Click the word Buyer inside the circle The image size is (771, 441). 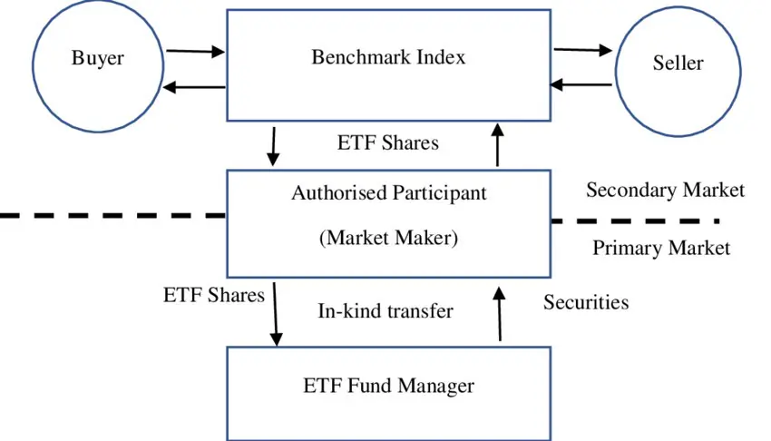click(x=97, y=60)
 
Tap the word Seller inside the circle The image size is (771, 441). click(x=678, y=64)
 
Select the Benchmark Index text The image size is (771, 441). click(x=388, y=57)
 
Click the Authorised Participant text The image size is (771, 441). click(x=388, y=192)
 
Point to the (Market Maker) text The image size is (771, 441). click(x=388, y=238)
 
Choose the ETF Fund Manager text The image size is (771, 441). click(x=388, y=386)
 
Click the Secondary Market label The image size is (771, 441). click(x=664, y=190)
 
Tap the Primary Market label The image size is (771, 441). click(x=660, y=248)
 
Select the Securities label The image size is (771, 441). click(x=586, y=302)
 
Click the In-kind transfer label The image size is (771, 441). click(x=385, y=311)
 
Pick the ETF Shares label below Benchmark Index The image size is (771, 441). click(x=387, y=142)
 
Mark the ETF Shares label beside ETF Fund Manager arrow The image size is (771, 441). click(x=214, y=295)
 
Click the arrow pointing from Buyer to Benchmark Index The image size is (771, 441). click(x=195, y=52)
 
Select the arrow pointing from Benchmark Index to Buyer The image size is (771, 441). click(x=195, y=87)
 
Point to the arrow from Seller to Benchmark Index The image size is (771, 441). click(x=582, y=85)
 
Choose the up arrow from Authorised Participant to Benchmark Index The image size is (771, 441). click(x=497, y=145)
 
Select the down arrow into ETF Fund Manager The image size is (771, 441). click(x=275, y=314)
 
